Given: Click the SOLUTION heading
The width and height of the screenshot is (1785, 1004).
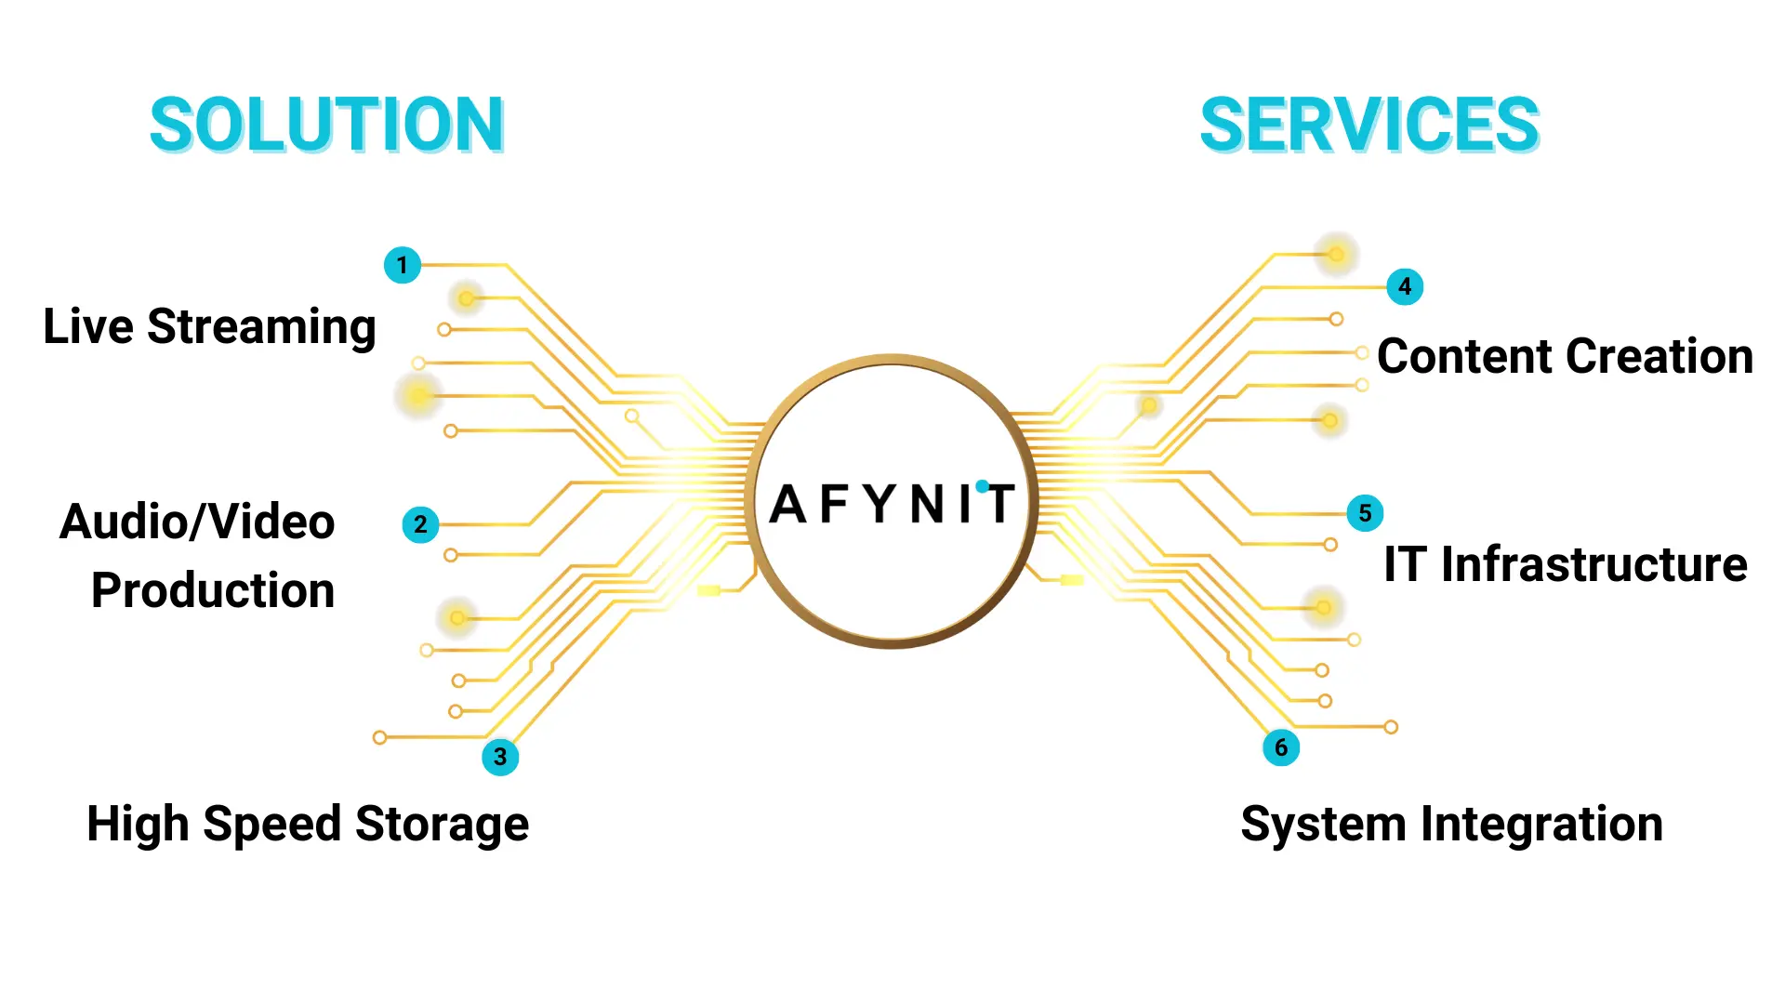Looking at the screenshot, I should (x=326, y=125).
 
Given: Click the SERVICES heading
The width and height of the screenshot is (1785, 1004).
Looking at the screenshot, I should (x=1369, y=125).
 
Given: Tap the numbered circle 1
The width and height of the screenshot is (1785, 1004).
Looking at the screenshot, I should (x=403, y=265).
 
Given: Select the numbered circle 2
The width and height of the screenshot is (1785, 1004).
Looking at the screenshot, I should (x=420, y=524).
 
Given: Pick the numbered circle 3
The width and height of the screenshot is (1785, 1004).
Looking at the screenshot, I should (x=500, y=757).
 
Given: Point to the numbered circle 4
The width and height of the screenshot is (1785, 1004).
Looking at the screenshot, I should (x=1405, y=286).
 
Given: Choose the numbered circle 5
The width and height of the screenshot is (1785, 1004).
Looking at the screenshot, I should (x=1365, y=513).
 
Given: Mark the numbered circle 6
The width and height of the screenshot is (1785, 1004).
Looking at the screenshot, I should (x=1281, y=747).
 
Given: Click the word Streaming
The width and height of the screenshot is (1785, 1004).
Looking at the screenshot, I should (x=261, y=327).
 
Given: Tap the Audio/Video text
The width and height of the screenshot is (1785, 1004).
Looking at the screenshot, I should (x=197, y=522).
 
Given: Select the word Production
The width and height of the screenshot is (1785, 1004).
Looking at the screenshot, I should (x=213, y=590).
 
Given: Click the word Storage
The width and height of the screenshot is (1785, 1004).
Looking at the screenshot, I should (x=442, y=825).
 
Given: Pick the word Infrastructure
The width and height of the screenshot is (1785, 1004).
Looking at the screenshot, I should (x=1593, y=564).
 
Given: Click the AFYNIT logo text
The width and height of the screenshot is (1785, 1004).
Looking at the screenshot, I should (x=892, y=504).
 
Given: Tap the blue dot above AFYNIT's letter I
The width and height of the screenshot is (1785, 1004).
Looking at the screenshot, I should (x=982, y=486).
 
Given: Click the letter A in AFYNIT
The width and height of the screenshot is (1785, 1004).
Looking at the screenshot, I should (x=788, y=504).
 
